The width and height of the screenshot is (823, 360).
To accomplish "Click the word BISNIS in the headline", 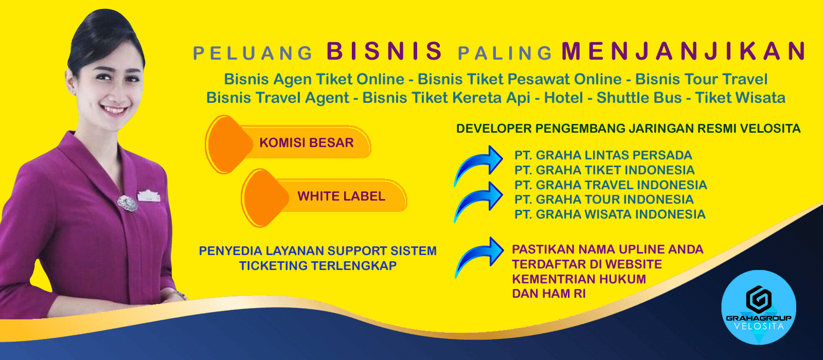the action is (x=385, y=51).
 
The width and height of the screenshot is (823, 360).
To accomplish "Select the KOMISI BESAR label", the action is (x=307, y=142).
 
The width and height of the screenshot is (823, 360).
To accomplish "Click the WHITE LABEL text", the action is (x=342, y=196).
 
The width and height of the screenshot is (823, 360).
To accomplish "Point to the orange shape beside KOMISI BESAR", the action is (x=228, y=145).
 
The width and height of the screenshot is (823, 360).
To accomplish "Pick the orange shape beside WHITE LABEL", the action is (x=264, y=198).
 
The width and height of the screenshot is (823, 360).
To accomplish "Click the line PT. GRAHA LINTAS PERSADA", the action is (x=603, y=155).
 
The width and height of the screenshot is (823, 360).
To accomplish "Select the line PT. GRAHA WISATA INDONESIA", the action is (x=610, y=214).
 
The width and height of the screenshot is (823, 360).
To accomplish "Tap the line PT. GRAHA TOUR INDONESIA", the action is (x=604, y=200).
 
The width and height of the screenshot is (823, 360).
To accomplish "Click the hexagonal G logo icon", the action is (x=758, y=300).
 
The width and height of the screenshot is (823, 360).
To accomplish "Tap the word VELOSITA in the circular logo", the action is (x=758, y=326).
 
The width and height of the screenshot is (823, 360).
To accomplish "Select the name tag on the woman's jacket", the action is (x=149, y=196).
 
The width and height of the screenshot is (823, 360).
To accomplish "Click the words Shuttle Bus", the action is (x=639, y=98).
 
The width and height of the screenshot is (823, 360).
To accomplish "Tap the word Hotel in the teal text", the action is (x=563, y=98).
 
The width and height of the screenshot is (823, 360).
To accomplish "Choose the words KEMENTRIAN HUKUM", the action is (x=579, y=279).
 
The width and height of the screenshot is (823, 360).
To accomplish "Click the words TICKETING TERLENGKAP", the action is (x=318, y=265).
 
